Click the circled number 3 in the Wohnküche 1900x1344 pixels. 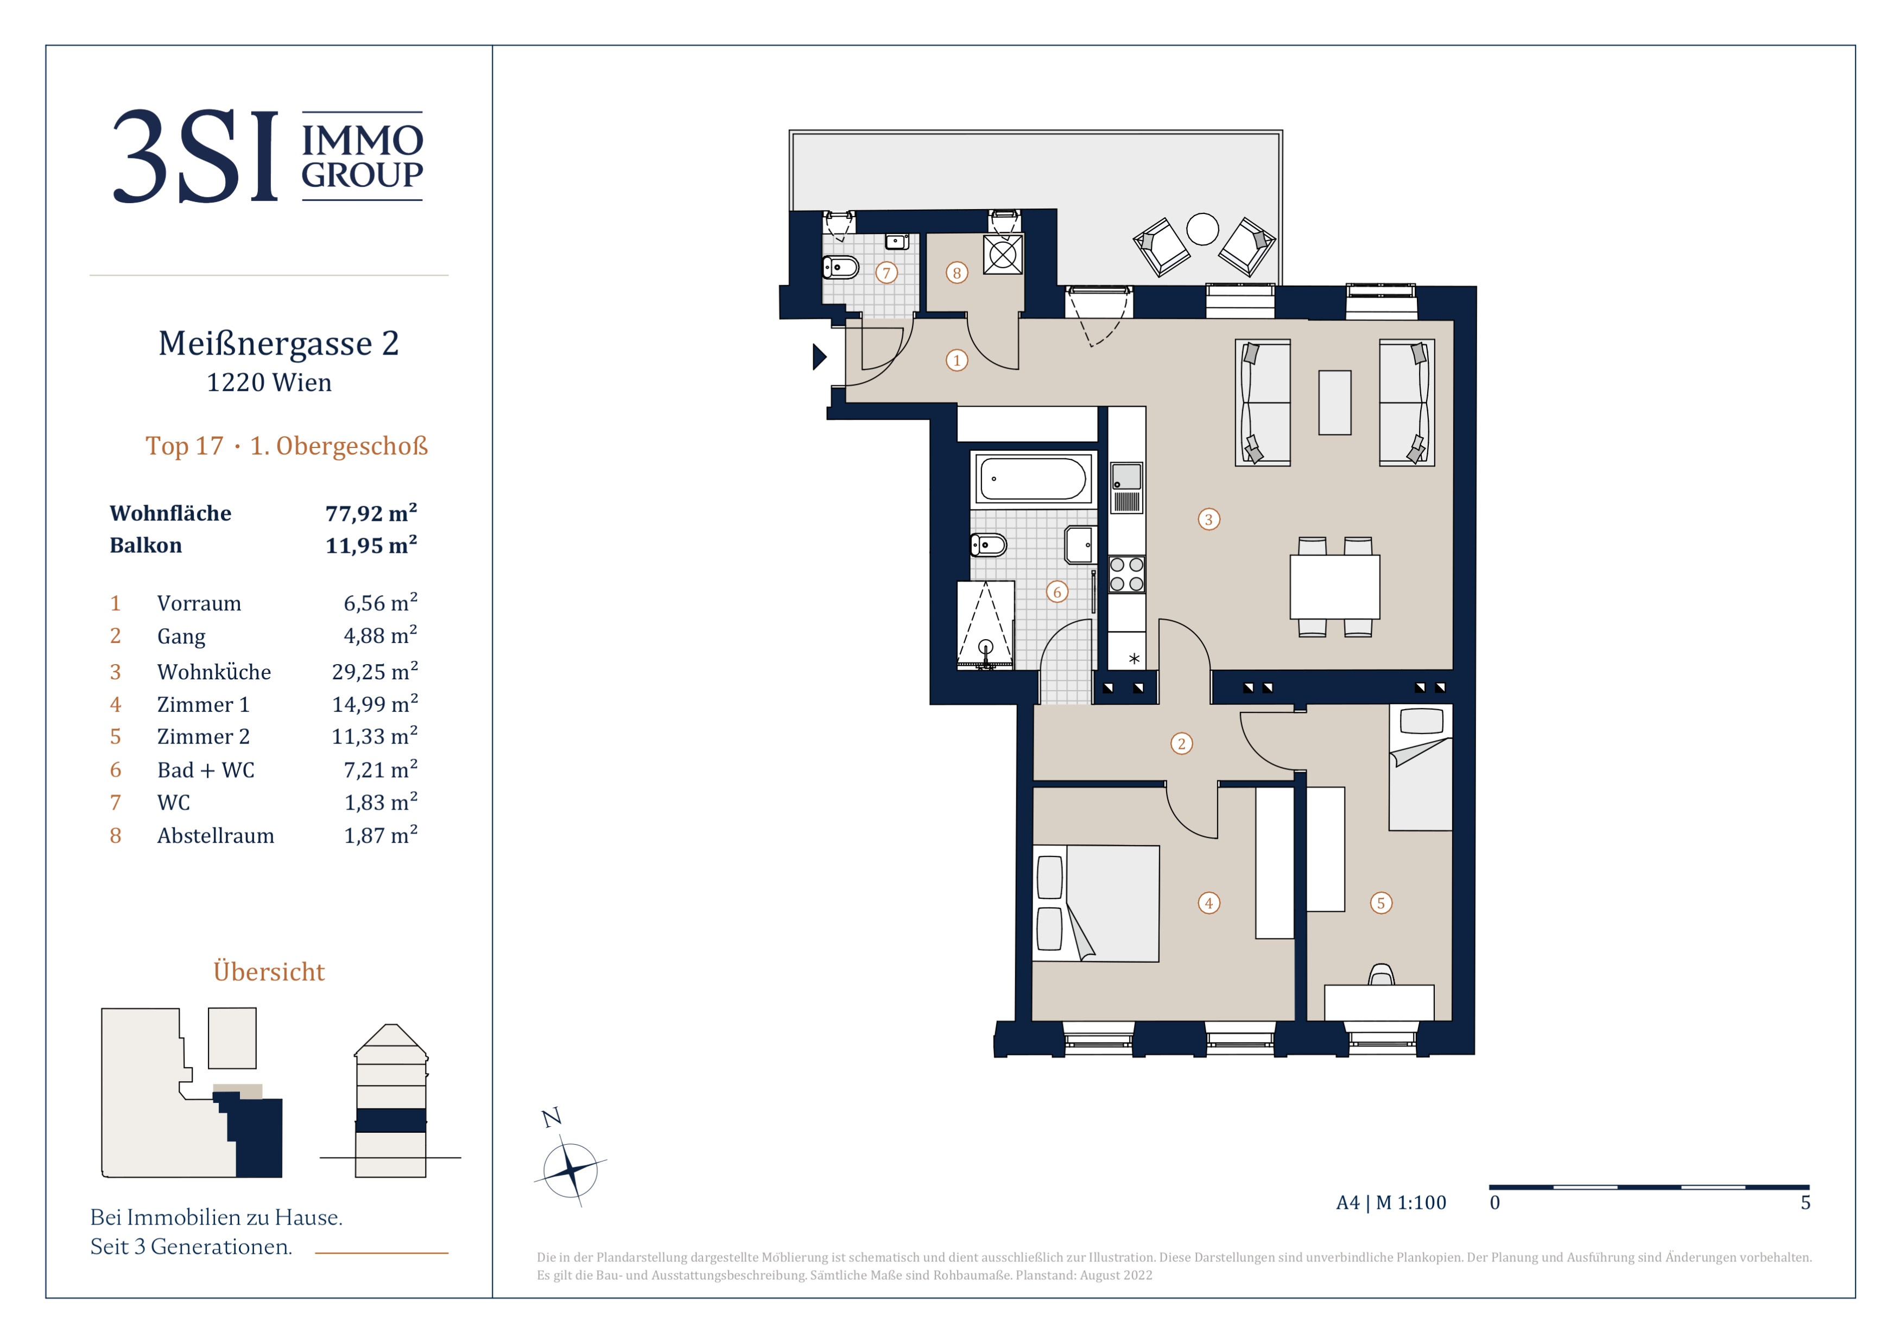pos(1208,520)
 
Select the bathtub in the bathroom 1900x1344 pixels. pos(1033,478)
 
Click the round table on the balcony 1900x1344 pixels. pos(1202,229)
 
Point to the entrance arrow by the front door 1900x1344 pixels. pos(819,357)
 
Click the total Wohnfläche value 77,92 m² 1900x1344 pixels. pos(371,513)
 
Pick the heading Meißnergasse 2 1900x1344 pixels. pos(279,343)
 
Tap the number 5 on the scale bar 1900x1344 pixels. pos(1805,1202)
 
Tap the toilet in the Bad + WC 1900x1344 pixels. pos(988,545)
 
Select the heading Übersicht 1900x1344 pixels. pos(269,971)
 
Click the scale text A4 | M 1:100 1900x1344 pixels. pos(1391,1202)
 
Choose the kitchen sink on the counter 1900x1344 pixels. pos(1126,488)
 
